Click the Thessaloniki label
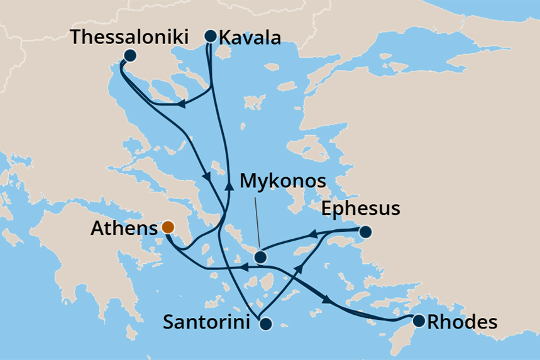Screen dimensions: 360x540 pyautogui.click(x=129, y=36)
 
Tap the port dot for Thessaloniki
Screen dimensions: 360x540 pyautogui.click(x=129, y=55)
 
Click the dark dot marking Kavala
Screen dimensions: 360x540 pyautogui.click(x=211, y=36)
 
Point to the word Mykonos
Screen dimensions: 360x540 pyautogui.click(x=284, y=182)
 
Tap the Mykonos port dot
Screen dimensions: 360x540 pyautogui.click(x=260, y=257)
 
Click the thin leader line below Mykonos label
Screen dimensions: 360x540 pyautogui.click(x=256, y=221)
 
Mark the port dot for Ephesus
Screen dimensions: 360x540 pyautogui.click(x=365, y=232)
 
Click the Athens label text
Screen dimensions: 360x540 pyautogui.click(x=123, y=228)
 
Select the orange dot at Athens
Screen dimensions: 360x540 pyautogui.click(x=168, y=227)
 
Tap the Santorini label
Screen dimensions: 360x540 pyautogui.click(x=209, y=323)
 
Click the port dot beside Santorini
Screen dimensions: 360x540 pyautogui.click(x=265, y=324)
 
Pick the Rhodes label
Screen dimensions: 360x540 pyautogui.click(x=461, y=323)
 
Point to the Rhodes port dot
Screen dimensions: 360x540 pyautogui.click(x=418, y=321)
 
